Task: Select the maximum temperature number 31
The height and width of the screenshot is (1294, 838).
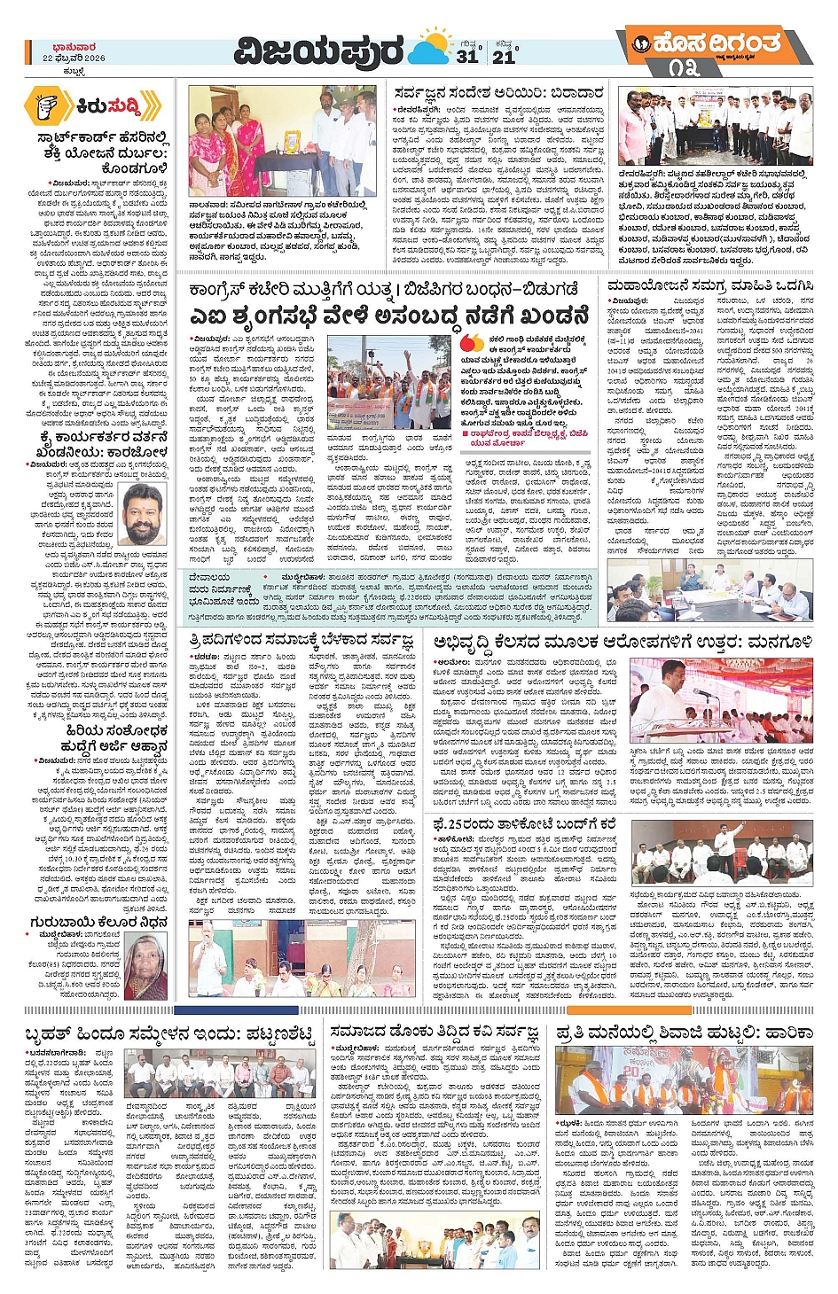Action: tap(466, 56)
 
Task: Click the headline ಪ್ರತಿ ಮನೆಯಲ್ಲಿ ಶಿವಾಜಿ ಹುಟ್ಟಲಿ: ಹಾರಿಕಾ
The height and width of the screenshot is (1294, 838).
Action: tap(684, 1033)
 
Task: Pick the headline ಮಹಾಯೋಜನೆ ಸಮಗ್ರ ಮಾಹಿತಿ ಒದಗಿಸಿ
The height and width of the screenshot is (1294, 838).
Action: tap(709, 286)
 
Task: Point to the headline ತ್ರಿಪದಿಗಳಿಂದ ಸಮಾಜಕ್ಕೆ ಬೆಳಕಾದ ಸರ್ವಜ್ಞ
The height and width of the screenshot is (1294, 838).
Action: tap(301, 640)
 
